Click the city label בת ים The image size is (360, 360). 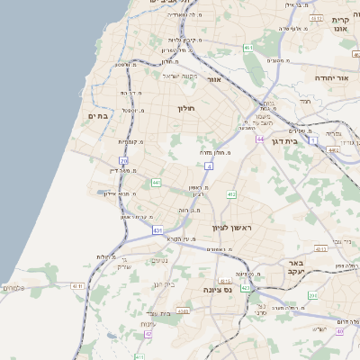[98, 116]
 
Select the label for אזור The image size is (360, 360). [214, 79]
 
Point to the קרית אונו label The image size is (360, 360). [340, 24]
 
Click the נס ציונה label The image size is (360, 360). [240, 290]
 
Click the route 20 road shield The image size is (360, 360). [124, 161]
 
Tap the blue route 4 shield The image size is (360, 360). [209, 166]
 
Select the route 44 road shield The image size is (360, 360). [260, 139]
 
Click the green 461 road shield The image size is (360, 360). [247, 47]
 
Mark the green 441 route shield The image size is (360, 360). [156, 183]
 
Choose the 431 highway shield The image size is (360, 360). [158, 230]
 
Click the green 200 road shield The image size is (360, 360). [313, 295]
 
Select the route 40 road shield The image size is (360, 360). [339, 331]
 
